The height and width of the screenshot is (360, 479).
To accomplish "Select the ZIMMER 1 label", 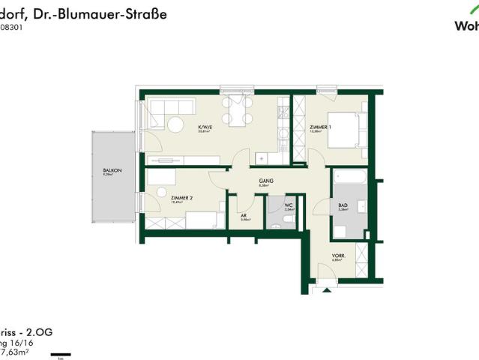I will pos(320,127).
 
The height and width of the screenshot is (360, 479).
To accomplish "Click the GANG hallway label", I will pos(265,181).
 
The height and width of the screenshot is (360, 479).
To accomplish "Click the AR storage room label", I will pos(244,215).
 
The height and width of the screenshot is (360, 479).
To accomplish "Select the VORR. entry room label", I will pos(339,256).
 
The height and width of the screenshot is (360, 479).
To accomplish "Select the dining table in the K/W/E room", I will pos(235,116).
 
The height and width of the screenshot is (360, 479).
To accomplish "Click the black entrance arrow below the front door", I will pos(326,292).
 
